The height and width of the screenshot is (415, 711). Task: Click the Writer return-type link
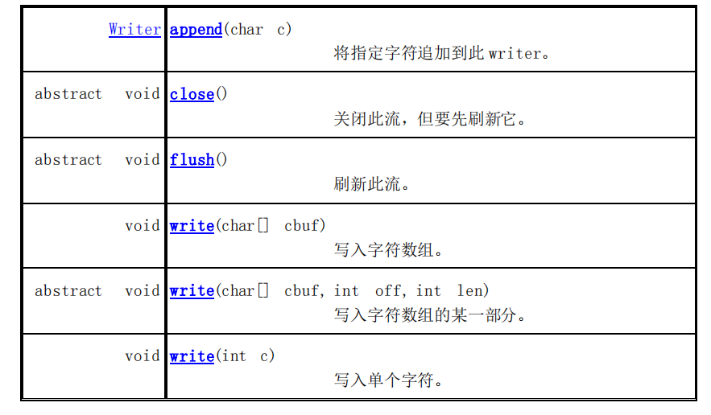tap(134, 30)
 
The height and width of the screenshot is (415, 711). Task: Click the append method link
tap(196, 30)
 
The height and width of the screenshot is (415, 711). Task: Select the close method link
tap(192, 94)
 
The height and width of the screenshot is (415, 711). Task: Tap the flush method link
tap(192, 160)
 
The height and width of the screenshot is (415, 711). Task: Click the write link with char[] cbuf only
tap(192, 226)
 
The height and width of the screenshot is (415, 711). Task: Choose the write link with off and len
tap(192, 291)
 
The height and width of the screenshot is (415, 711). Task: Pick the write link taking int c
tap(192, 356)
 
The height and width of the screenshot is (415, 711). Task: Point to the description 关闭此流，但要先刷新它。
tap(430, 119)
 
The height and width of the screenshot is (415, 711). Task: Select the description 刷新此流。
tap(372, 184)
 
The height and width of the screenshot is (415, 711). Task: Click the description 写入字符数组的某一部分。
tap(430, 315)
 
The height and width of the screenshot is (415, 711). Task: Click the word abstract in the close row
tap(68, 94)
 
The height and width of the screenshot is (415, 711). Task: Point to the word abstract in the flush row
tap(68, 160)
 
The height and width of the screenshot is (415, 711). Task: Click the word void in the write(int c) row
tap(143, 356)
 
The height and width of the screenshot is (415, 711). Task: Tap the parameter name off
tap(388, 291)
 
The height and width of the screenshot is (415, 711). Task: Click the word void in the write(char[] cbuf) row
tap(143, 226)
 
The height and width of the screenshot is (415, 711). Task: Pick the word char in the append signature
tap(246, 30)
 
